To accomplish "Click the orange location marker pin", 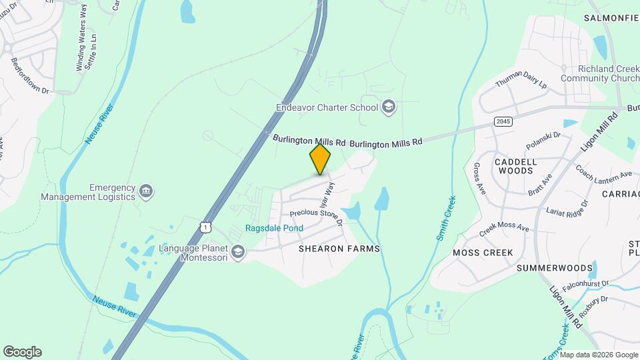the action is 321,159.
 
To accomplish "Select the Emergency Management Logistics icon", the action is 146,192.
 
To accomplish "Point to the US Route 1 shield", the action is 205,227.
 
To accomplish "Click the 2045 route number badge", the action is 503,121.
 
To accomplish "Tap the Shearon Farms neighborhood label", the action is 339,249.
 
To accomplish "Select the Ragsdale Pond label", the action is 274,228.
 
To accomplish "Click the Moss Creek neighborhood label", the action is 483,253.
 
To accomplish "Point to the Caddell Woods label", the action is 514,166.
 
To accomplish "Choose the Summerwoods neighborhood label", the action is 555,268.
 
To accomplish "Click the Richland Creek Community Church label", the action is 590,73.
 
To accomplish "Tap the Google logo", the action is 22,351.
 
